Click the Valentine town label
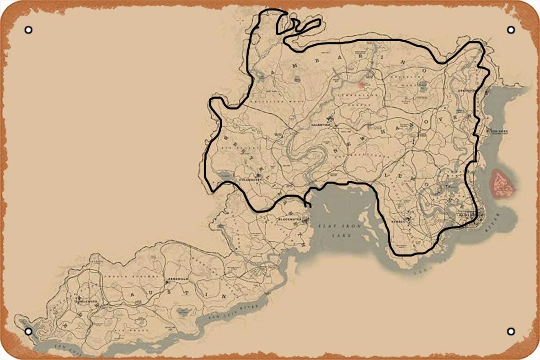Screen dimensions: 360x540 (x=320, y=124)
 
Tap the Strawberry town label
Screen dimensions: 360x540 (x=249, y=180)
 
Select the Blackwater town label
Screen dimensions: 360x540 (x=289, y=219)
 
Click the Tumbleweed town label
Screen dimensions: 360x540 (x=86, y=301)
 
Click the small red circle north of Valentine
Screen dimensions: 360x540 (x=361, y=84)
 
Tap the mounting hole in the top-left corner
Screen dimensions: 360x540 (x=28, y=30)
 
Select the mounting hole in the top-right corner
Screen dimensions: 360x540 (x=511, y=30)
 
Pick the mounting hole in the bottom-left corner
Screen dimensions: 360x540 (x=28, y=331)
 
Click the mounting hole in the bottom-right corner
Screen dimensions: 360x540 (x=511, y=331)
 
